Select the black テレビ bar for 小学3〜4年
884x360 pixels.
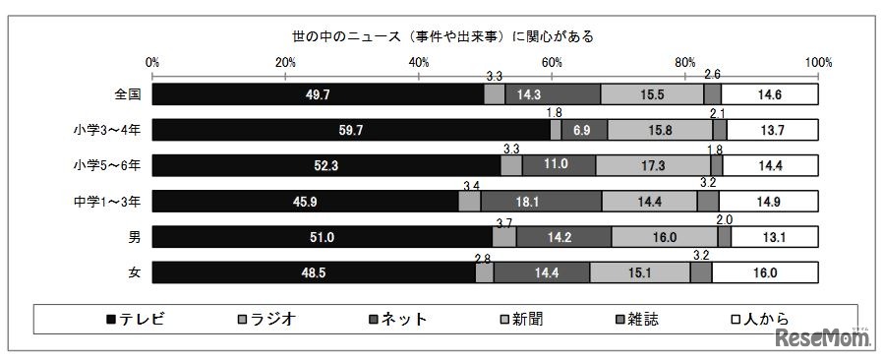(351, 130)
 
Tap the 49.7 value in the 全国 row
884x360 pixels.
(319, 94)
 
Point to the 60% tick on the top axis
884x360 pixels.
(552, 62)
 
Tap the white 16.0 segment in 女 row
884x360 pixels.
(765, 272)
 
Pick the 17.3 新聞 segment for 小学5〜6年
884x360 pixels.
(653, 165)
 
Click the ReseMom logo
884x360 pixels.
(823, 340)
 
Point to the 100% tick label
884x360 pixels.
(817, 62)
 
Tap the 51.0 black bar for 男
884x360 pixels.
(323, 237)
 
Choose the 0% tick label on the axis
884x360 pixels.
(152, 62)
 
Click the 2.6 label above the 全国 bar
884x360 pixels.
(713, 75)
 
